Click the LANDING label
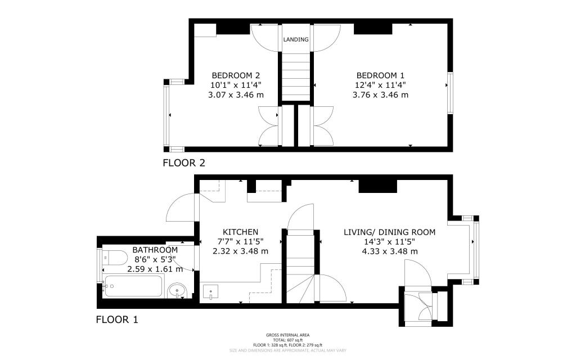pos(296,39)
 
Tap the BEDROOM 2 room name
pos(236,75)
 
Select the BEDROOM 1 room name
pos(380,75)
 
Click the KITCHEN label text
pos(240,232)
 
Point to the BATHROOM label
pos(155,250)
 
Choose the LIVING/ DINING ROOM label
pos(389,232)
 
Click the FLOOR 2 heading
pos(184,164)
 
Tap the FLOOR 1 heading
pos(117,320)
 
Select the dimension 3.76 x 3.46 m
pos(380,94)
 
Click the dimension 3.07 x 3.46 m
pos(236,94)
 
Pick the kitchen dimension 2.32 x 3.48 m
pos(240,251)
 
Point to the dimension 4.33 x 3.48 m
pos(389,251)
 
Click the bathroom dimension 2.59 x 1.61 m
pos(155,269)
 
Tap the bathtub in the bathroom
pos(134,286)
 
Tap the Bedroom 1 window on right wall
pos(449,93)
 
